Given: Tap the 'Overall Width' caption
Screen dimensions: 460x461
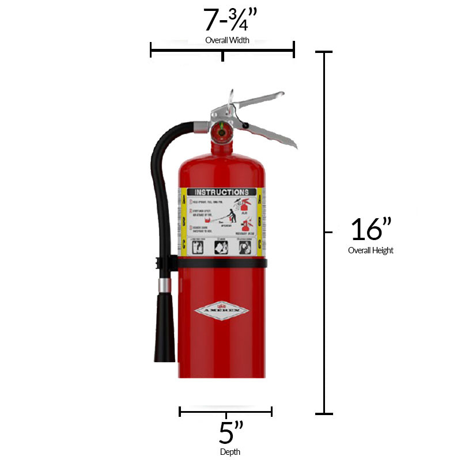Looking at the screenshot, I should [227, 40].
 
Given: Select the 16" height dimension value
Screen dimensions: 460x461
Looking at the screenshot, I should [371, 230].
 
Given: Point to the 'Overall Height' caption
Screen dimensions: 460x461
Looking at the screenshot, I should [371, 250].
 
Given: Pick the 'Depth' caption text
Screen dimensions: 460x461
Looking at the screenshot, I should [230, 452].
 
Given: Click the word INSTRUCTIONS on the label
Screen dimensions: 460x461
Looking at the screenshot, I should [222, 192].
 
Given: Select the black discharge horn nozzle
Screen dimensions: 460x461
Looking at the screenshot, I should [164, 328].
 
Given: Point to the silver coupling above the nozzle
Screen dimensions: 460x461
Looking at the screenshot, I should [165, 285].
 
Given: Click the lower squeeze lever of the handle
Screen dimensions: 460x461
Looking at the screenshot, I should [271, 135].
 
